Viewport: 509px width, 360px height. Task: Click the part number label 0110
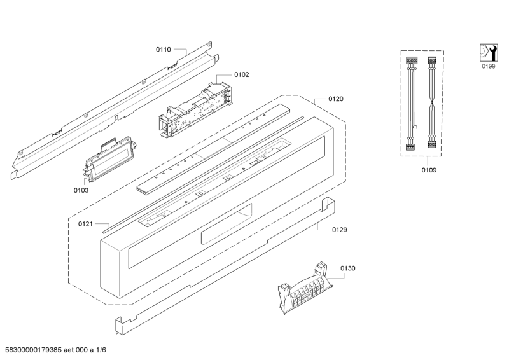164,50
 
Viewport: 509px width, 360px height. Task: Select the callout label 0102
242,74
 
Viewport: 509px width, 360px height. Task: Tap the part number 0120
336,99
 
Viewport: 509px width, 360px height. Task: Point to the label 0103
81,190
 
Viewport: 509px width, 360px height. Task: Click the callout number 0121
85,224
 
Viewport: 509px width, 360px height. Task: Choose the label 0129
340,230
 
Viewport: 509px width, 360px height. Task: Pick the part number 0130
347,268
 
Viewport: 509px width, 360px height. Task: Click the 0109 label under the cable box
429,170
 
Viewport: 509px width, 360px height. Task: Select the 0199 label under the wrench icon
488,66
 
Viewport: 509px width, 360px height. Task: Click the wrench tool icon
489,52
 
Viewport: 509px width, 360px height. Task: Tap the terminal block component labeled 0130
305,289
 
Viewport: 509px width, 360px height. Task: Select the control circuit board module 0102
196,109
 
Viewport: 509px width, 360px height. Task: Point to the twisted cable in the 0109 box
432,103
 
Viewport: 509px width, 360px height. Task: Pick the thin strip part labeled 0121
203,174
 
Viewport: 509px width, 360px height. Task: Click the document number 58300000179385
34,350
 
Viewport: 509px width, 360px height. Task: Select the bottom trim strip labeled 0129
225,267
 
